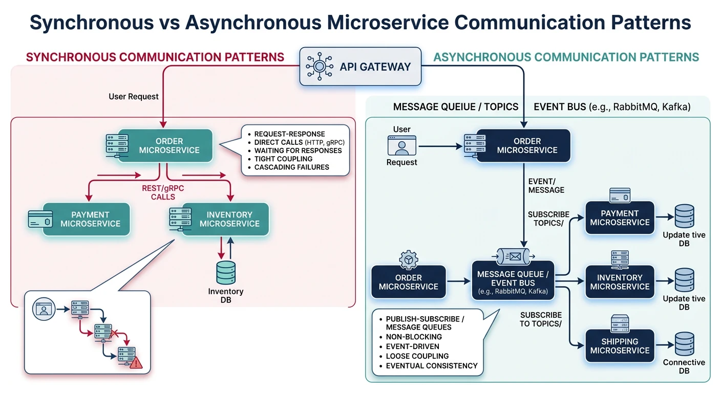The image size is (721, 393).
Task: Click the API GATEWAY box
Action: [360, 67]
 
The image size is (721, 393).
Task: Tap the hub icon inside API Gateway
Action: [318, 67]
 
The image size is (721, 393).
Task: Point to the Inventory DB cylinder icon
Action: [226, 273]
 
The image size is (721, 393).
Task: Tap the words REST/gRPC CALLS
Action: [163, 192]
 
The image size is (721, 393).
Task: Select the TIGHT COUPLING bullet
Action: [283, 159]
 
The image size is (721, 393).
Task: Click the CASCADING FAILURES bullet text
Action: [291, 167]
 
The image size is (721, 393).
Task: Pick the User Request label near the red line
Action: [134, 96]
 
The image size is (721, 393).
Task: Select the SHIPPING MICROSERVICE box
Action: [620, 346]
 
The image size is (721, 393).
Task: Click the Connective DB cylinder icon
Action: [684, 344]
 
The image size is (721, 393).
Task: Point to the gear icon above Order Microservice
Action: [409, 260]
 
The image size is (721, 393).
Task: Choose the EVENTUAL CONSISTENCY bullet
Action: [431, 365]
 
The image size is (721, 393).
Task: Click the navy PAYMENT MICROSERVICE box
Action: [620, 217]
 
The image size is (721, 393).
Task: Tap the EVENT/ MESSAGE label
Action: [546, 185]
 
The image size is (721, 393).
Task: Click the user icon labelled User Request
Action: [402, 145]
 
